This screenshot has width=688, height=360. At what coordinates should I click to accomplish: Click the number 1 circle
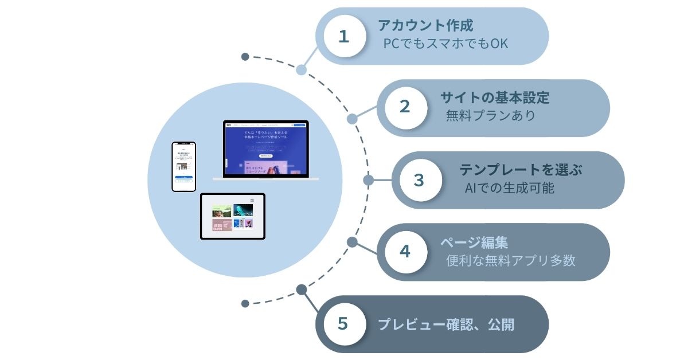344,37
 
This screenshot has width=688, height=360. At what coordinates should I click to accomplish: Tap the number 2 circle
405,107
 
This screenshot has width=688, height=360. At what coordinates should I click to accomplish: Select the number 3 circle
419,179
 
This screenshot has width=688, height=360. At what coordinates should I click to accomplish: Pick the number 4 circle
405,252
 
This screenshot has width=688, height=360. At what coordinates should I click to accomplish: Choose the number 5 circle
343,324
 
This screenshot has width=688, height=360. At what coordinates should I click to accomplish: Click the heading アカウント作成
425,26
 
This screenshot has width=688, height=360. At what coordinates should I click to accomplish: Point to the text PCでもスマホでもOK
445,44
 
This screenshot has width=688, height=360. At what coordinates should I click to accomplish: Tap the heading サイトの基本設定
494,97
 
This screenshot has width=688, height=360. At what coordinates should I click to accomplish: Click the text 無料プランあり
490,116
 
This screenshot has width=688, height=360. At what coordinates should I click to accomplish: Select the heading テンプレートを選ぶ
521,170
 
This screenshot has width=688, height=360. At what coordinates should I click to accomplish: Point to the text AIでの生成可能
510,188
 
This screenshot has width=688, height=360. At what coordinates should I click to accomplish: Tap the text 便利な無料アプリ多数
510,260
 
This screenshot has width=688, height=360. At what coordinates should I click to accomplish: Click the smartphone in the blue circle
184,166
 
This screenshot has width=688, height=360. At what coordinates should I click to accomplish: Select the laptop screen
265,148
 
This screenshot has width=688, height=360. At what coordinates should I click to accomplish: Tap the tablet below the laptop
232,216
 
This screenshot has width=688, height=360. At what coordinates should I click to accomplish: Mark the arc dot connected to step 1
301,70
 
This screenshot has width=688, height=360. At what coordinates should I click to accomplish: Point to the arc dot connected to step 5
301,289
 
